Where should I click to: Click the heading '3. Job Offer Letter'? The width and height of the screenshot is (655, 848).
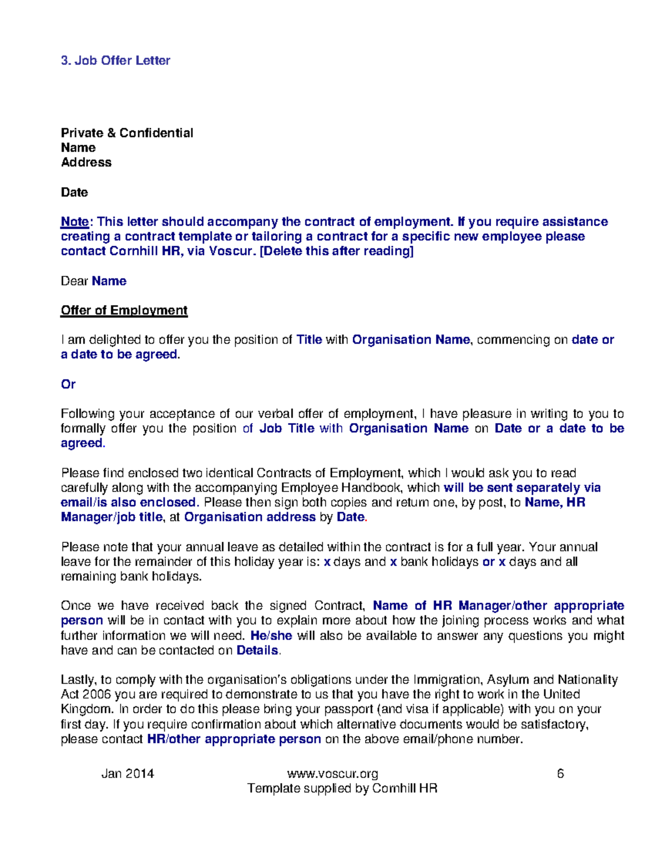[115, 61]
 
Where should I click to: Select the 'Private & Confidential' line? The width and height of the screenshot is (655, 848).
[127, 133]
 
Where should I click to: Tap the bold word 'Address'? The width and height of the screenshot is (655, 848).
[86, 163]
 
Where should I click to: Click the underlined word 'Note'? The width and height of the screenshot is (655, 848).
[75, 222]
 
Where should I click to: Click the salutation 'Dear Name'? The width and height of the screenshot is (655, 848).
[93, 281]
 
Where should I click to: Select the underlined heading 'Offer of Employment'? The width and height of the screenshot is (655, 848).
[124, 311]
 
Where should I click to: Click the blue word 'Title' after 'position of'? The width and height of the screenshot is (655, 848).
[309, 340]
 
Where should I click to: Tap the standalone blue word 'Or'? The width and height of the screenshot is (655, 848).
[68, 384]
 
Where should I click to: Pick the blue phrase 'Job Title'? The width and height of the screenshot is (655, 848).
[287, 429]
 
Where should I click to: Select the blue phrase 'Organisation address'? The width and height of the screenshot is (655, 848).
[249, 517]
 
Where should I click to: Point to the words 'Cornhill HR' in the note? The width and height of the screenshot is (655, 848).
[145, 251]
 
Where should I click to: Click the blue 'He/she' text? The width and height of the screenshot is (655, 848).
[271, 636]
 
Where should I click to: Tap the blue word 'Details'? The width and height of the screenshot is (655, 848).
[257, 650]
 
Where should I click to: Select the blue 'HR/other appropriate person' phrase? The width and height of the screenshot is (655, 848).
[234, 739]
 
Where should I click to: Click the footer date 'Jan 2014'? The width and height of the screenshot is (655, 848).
[128, 774]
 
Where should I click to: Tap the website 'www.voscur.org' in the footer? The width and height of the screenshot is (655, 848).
[332, 774]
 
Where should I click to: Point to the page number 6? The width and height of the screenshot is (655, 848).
[560, 774]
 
